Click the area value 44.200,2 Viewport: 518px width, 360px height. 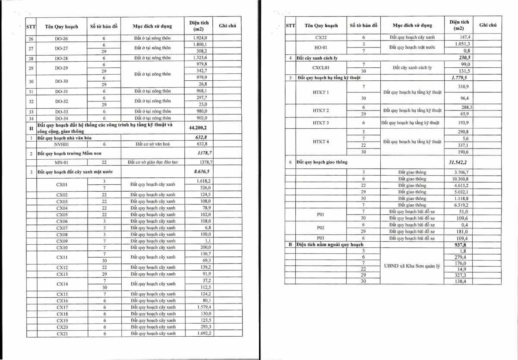point(198,128)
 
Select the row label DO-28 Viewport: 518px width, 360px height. point(61,58)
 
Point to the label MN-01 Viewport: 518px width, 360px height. point(61,162)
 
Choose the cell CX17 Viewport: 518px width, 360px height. point(62,307)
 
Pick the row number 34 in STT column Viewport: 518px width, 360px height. point(31,118)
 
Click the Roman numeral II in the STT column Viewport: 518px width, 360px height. point(31,128)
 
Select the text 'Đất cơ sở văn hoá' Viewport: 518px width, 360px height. point(153,144)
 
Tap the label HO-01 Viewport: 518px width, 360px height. point(321,47)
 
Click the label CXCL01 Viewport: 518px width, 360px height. point(321,68)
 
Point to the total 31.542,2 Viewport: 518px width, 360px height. point(458,162)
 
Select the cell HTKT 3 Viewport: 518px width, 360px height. point(321,123)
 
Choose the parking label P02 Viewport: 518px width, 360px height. point(320,227)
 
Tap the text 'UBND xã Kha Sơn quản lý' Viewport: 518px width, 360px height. point(412,266)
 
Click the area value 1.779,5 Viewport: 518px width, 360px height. point(459,78)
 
